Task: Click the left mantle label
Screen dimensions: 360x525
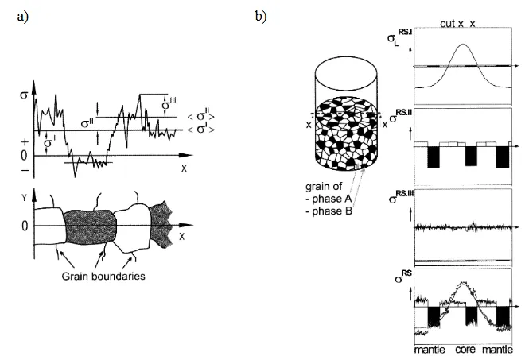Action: pyautogui.click(x=429, y=350)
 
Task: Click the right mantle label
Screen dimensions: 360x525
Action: pyautogui.click(x=501, y=350)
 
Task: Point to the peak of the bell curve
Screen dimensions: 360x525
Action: pyautogui.click(x=465, y=45)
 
